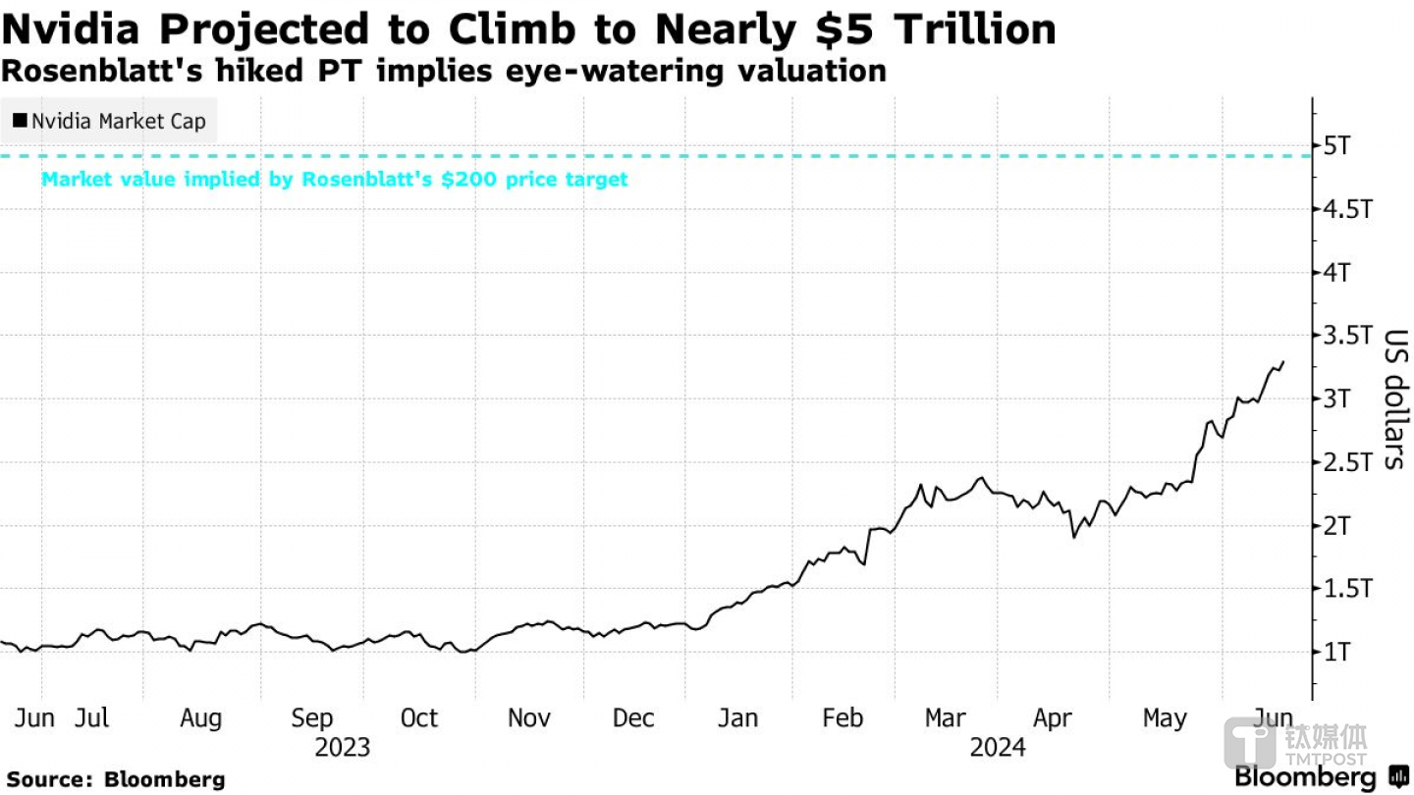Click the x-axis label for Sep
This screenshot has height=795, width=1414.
coord(312,718)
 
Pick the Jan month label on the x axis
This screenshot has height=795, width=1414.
coord(737,718)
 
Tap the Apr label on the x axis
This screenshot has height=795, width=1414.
coord(1053,718)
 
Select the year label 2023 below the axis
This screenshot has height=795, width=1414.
coord(343,748)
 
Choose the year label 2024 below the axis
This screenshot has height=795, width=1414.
coord(998,748)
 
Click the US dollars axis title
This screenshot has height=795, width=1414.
coord(1395,398)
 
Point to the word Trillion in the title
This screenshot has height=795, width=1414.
coord(967,29)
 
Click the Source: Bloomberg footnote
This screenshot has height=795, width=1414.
coord(116,779)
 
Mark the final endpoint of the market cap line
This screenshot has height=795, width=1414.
coord(1283,362)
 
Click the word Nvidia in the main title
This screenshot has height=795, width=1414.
coord(72,29)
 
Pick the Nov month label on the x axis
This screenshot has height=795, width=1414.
coord(528,718)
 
